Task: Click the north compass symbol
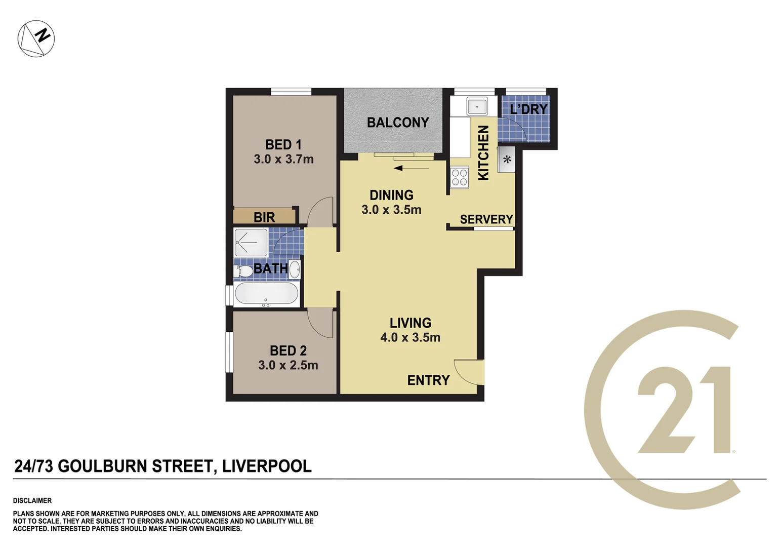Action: tap(36, 38)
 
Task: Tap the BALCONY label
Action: tap(397, 123)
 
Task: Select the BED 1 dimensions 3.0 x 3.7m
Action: tap(283, 159)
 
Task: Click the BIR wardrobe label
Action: tap(264, 217)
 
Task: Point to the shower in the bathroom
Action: tap(251, 243)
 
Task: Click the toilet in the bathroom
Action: tap(243, 271)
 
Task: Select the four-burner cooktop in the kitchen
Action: tap(460, 178)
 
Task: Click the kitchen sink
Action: tap(477, 107)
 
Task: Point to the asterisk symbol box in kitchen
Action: tap(507, 160)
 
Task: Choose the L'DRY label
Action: tap(528, 109)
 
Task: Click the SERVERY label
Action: tap(486, 219)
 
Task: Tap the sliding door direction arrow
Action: tap(411, 168)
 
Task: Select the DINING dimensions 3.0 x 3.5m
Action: tap(391, 210)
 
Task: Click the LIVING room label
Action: tap(410, 323)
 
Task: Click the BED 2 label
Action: tap(288, 350)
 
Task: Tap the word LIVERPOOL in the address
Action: tap(267, 466)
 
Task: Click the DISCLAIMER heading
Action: tap(32, 500)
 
